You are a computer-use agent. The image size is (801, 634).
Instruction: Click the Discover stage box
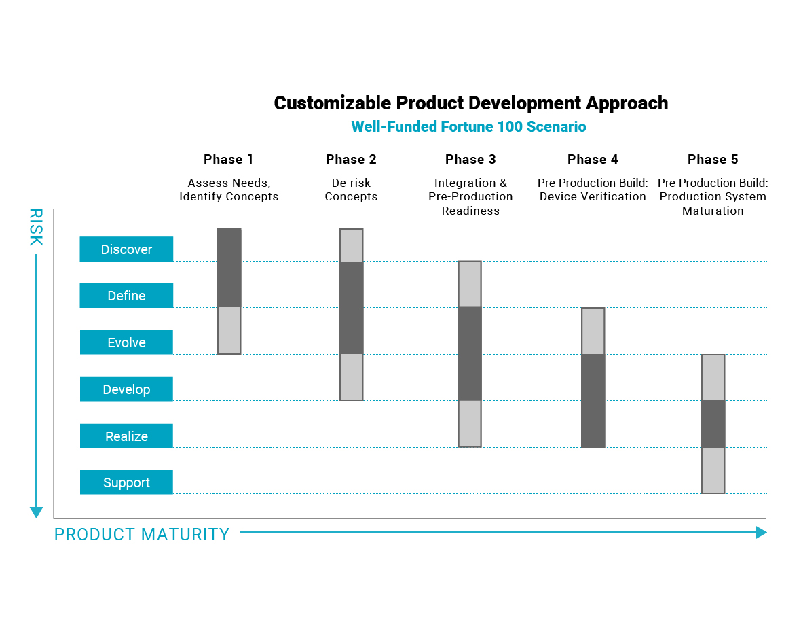tap(126, 249)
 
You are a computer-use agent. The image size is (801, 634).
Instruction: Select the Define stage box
tap(126, 295)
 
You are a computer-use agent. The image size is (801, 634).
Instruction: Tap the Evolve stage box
tap(126, 342)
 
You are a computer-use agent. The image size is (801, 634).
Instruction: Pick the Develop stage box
tap(126, 389)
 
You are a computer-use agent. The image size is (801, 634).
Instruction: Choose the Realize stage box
tap(126, 436)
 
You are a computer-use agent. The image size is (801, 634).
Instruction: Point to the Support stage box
tap(126, 482)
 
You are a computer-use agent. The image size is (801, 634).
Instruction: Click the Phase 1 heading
tap(228, 160)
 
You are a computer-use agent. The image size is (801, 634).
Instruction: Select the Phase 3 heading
tap(470, 160)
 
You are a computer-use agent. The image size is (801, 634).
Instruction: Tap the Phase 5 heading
tap(713, 160)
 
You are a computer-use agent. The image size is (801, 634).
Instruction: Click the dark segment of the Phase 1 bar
tap(229, 268)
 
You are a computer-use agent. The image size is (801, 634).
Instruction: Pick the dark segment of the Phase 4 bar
tap(593, 401)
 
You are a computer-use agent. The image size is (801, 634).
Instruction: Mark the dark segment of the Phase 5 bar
tap(713, 424)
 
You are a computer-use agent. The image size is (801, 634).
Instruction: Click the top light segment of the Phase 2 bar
tap(352, 245)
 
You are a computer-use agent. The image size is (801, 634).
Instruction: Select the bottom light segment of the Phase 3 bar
tap(470, 424)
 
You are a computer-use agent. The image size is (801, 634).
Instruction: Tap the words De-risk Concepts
tap(351, 190)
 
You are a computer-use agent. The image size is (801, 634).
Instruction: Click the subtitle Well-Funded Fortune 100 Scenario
tap(468, 126)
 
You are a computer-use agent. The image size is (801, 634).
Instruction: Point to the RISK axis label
tap(36, 227)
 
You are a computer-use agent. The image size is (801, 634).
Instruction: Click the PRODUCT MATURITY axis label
tap(142, 534)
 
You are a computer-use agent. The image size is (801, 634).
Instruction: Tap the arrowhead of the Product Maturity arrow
tap(761, 532)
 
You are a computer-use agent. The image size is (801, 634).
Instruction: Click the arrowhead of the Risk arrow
tap(36, 512)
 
